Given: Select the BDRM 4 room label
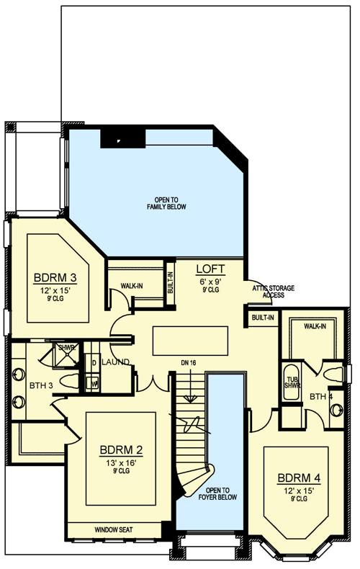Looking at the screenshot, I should click(x=299, y=478).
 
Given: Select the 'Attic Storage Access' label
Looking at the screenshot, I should click(x=274, y=291).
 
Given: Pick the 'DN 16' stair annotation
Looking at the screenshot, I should click(x=189, y=362).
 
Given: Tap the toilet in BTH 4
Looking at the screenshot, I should click(x=333, y=375).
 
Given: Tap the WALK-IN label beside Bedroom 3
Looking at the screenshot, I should click(x=131, y=286).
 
